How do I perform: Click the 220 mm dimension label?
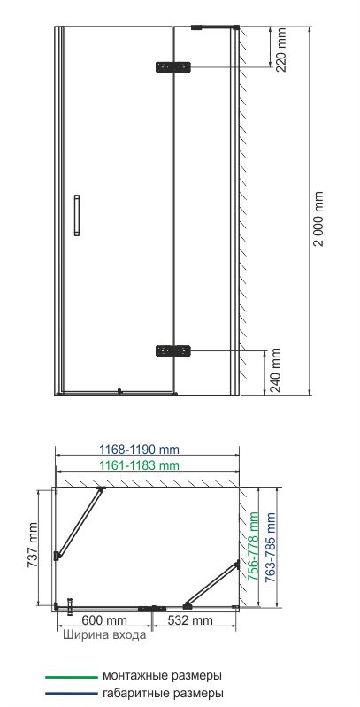pos(280,50)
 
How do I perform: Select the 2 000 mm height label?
pos(319,219)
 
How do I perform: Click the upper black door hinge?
pos(173,67)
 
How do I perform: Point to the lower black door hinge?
pos(173,350)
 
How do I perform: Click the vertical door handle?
pos(77,216)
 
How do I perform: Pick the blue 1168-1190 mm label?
pos(139,450)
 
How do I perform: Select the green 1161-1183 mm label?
pos(139,465)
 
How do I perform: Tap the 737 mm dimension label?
pos(33,545)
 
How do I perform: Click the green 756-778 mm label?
pos(254,546)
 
